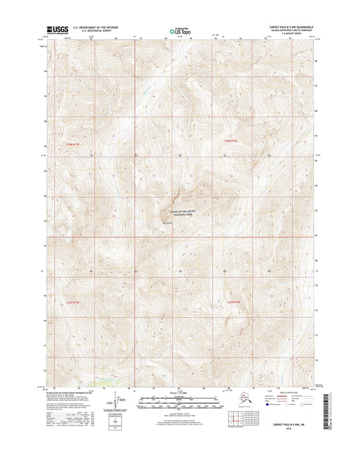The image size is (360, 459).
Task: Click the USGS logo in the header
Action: point(52,30)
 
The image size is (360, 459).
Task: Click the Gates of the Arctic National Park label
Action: point(179,214)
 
